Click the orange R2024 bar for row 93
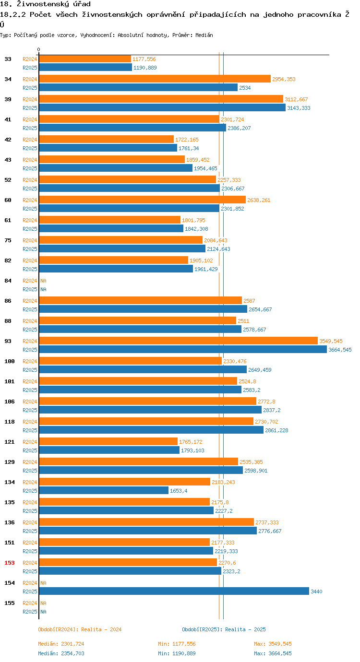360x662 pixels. coord(178,341)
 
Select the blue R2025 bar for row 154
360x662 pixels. coord(174,591)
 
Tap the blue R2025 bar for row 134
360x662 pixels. coord(104,490)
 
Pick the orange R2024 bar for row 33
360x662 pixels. coord(85,59)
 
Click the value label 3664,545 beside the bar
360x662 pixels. coord(340,350)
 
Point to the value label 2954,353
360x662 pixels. coord(284,79)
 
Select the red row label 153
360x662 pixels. coord(10,563)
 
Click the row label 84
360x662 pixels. coord(8,281)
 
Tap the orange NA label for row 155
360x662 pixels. coord(43,603)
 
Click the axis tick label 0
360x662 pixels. coord(39,49)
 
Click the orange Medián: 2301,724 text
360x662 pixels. coord(61,644)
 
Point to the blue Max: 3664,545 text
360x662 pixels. coord(273,653)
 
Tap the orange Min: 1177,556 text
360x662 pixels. coord(177,644)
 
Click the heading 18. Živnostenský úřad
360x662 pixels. coord(46,4)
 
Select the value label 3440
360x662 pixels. coord(316,591)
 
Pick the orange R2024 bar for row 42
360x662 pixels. coord(106,139)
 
